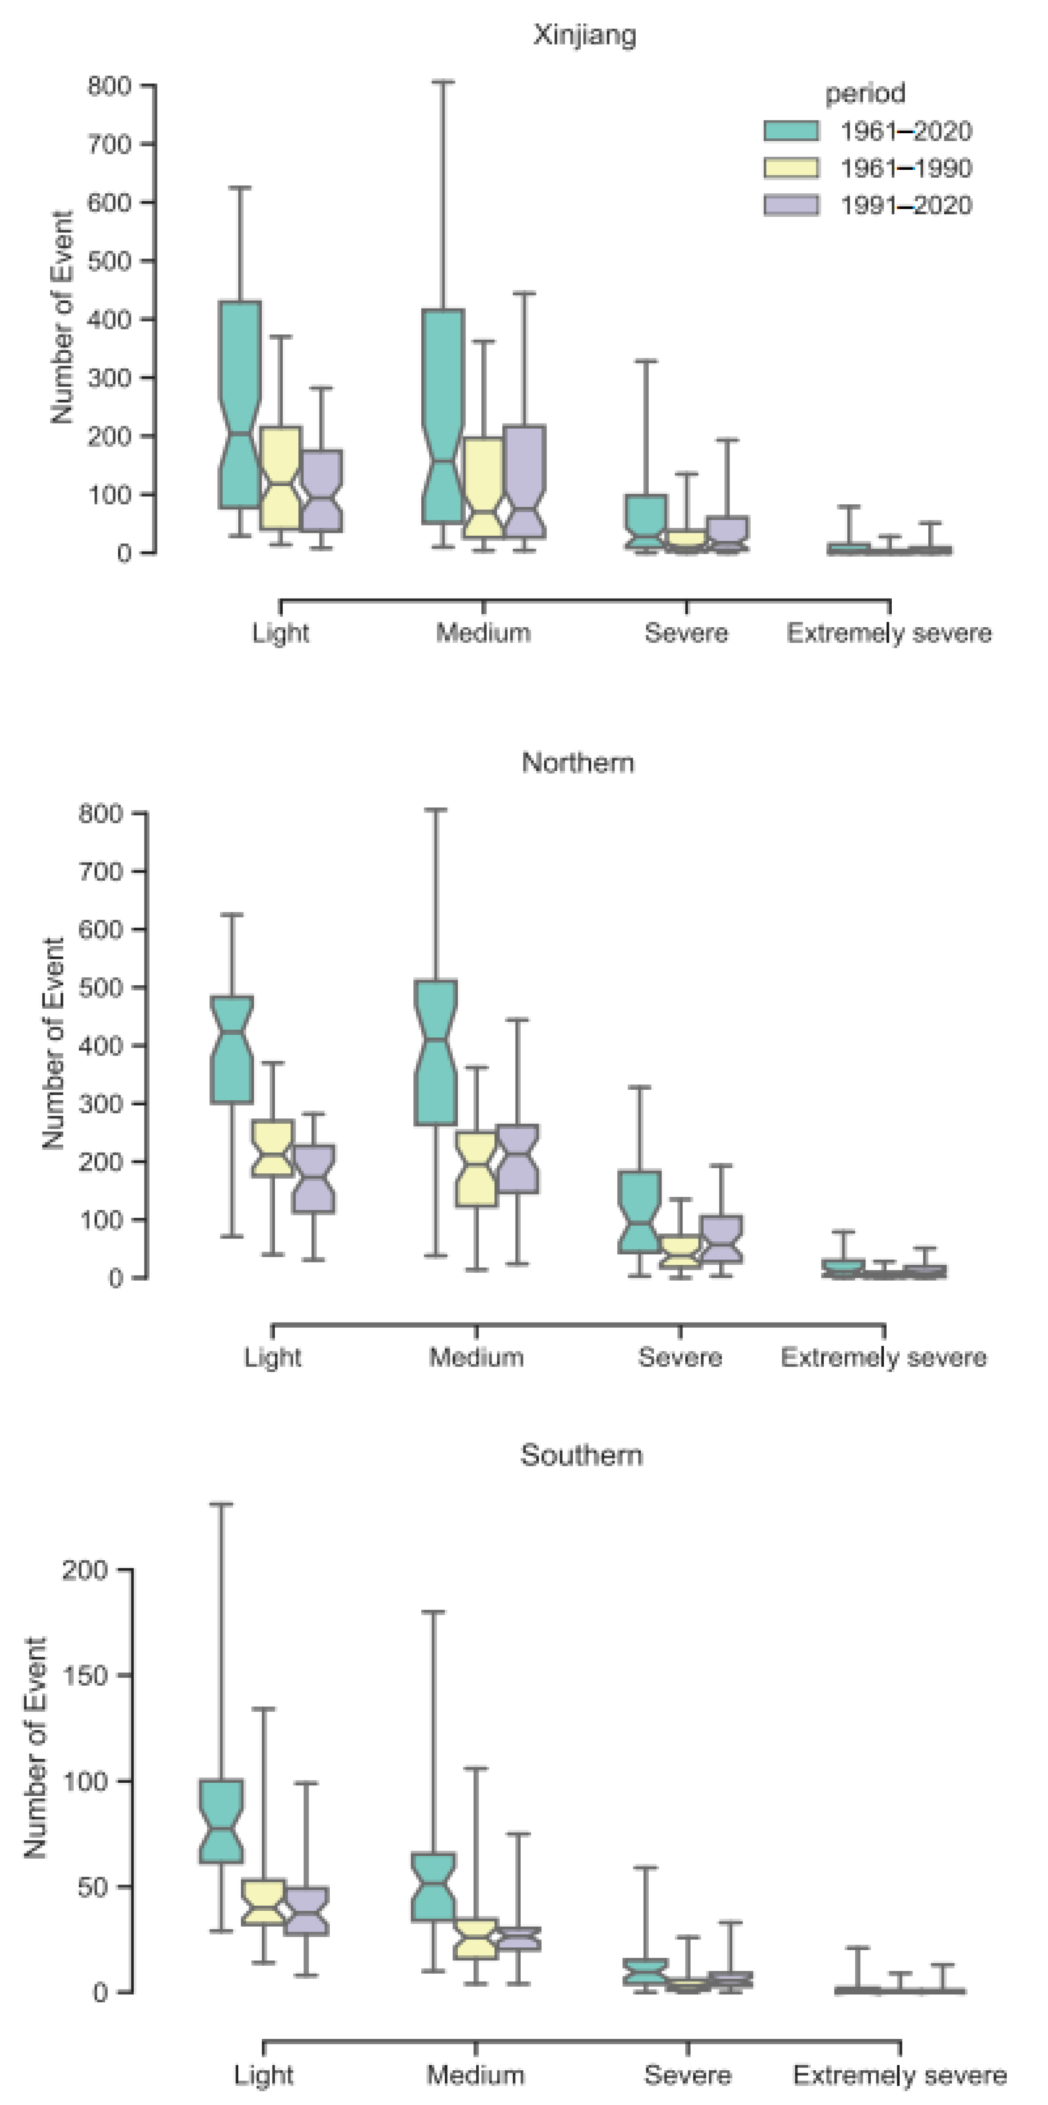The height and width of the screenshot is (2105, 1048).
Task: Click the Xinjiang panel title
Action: (x=585, y=35)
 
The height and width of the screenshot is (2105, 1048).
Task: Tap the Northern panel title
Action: (x=577, y=762)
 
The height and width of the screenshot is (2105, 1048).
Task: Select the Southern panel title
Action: (x=582, y=1454)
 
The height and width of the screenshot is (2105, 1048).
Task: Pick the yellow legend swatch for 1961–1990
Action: (x=791, y=167)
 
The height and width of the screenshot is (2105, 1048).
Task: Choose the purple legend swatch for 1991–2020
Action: (x=791, y=204)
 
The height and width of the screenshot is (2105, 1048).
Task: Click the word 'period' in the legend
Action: (x=865, y=93)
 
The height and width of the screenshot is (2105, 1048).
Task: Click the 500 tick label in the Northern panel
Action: (x=101, y=987)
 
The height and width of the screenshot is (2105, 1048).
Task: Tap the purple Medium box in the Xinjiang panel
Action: (x=524, y=482)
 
